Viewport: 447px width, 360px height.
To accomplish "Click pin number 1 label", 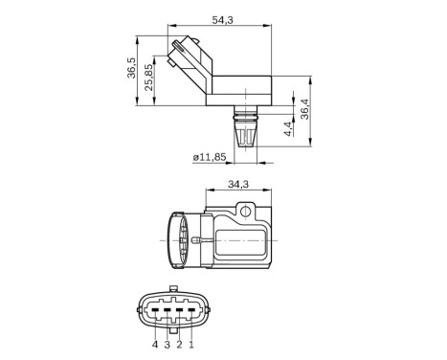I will pyautogui.click(x=191, y=343).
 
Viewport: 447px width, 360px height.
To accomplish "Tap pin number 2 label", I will pyautogui.click(x=179, y=343).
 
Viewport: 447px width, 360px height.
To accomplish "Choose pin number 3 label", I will pyautogui.click(x=167, y=343).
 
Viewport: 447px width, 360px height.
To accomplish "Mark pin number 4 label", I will pyautogui.click(x=153, y=343).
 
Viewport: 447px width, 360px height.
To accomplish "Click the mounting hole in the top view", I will pyautogui.click(x=245, y=208).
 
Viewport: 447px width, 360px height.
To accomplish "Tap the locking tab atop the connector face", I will pyautogui.click(x=172, y=289).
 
